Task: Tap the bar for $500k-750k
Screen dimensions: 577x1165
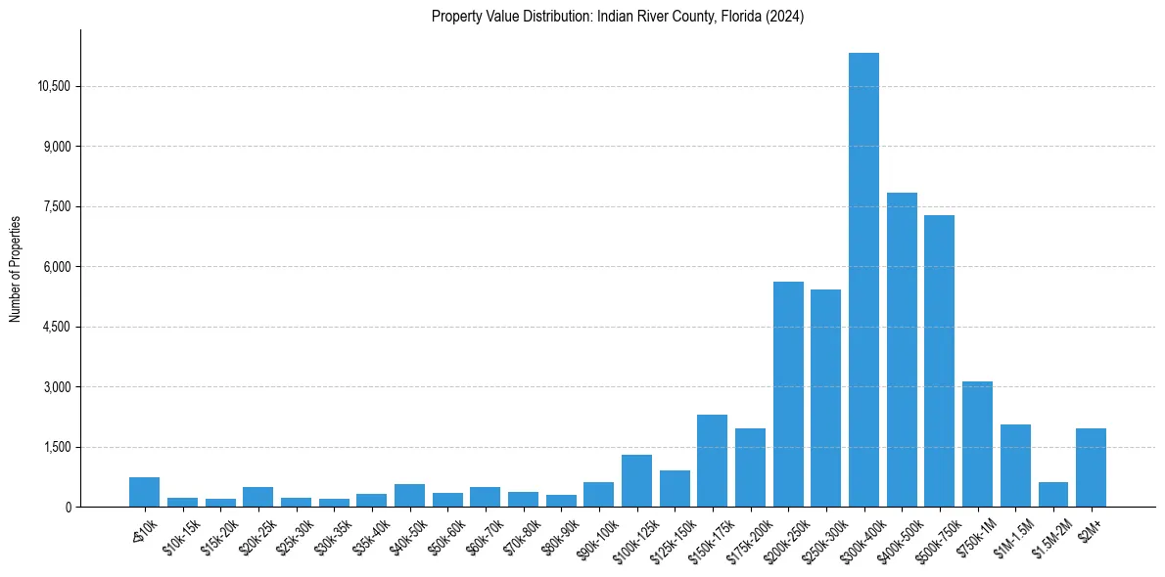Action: pyautogui.click(x=939, y=361)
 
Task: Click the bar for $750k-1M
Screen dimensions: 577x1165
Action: pyautogui.click(x=977, y=444)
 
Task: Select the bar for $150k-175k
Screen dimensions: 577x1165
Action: pyautogui.click(x=712, y=461)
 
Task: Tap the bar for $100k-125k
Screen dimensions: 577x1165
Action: pyautogui.click(x=636, y=480)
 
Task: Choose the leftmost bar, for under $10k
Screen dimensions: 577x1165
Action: pyautogui.click(x=144, y=492)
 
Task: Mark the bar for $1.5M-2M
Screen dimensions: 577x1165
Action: pyautogui.click(x=1053, y=494)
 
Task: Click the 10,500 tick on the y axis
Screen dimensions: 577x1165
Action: pyautogui.click(x=54, y=86)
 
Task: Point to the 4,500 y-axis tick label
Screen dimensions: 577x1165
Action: pyautogui.click(x=58, y=327)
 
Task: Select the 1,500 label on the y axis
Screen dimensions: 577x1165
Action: pyautogui.click(x=58, y=447)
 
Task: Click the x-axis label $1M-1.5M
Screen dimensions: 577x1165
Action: pyautogui.click(x=1011, y=536)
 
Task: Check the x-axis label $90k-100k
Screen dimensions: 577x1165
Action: pyautogui.click(x=594, y=536)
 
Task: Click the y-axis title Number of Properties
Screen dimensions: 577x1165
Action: pyautogui.click(x=16, y=268)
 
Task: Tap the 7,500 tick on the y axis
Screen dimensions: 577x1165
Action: pyautogui.click(x=58, y=206)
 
